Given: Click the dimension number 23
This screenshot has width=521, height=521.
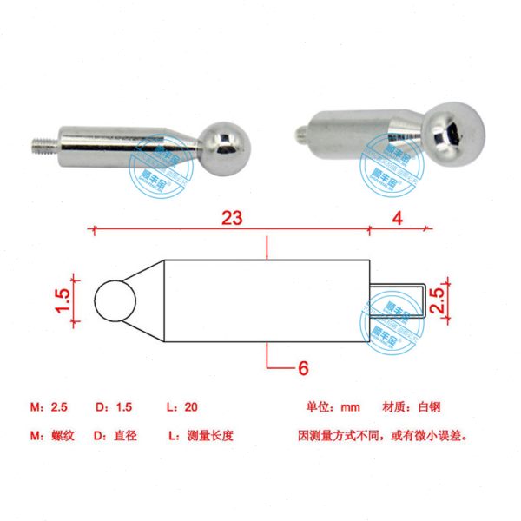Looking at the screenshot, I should [x=232, y=218].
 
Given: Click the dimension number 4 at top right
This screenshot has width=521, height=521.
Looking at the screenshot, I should [x=397, y=218].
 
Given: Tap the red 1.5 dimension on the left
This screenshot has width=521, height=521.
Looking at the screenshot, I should [x=62, y=300].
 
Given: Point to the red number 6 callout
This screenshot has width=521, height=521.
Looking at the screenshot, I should [x=303, y=368].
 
